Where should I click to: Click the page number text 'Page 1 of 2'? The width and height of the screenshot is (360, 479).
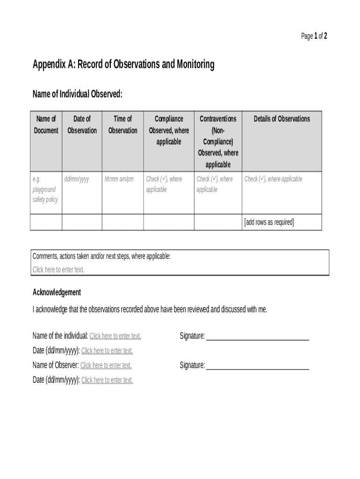pyautogui.click(x=314, y=36)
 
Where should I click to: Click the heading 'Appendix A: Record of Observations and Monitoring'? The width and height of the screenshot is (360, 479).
pyautogui.click(x=123, y=65)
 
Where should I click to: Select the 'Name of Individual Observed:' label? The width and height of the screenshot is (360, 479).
pyautogui.click(x=78, y=94)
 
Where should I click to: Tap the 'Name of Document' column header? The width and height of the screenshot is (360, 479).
pyautogui.click(x=46, y=124)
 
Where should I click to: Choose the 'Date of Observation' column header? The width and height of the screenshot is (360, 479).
pyautogui.click(x=82, y=124)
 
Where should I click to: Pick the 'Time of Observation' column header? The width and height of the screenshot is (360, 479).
pyautogui.click(x=122, y=124)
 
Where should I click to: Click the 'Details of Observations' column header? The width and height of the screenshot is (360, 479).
pyautogui.click(x=281, y=119)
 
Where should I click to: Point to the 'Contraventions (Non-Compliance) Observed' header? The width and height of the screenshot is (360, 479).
pyautogui.click(x=218, y=141)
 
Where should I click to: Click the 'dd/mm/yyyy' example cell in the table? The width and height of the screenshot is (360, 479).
pyautogui.click(x=77, y=179)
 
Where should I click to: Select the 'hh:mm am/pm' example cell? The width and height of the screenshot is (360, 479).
pyautogui.click(x=119, y=179)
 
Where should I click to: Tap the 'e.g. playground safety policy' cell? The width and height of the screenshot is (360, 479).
pyautogui.click(x=45, y=189)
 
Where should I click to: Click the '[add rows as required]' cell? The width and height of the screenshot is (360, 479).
pyautogui.click(x=269, y=222)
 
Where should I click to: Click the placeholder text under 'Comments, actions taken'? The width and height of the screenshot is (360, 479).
pyautogui.click(x=58, y=269)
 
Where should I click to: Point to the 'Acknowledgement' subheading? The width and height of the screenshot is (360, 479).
pyautogui.click(x=57, y=292)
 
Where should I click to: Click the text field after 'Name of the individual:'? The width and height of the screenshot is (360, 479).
pyautogui.click(x=115, y=336)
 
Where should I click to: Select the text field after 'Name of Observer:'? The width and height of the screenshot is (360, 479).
pyautogui.click(x=106, y=365)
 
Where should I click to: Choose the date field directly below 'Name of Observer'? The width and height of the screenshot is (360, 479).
pyautogui.click(x=107, y=380)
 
